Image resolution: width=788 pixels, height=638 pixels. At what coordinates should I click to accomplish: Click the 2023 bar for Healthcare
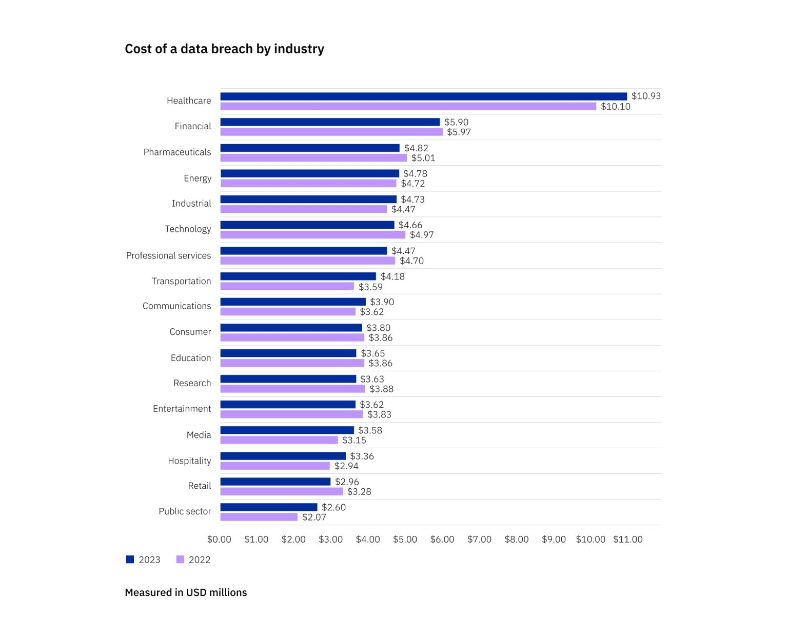423,96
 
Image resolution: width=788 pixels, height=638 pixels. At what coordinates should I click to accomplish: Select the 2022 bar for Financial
331,132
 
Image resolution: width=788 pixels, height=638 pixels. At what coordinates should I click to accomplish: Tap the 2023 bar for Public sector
269,507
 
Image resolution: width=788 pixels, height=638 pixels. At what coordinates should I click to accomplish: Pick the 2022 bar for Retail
282,491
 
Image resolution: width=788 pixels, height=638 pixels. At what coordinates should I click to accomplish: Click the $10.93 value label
646,96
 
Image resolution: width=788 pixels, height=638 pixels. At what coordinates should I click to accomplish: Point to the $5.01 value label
423,158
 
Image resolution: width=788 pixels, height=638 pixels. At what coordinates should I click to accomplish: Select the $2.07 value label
314,517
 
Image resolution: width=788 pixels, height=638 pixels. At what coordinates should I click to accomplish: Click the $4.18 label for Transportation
392,276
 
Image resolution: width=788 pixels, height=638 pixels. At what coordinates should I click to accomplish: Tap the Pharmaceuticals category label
177,152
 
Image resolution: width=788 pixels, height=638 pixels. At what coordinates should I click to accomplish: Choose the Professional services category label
168,255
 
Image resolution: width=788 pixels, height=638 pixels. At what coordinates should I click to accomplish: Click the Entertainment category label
182,409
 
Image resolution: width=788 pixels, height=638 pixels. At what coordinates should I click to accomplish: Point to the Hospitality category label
189,461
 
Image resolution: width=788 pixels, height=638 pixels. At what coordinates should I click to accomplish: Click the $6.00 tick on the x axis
442,540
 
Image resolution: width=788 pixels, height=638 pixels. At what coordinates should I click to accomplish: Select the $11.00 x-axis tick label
628,540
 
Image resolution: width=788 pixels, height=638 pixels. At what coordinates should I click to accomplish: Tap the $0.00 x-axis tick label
219,540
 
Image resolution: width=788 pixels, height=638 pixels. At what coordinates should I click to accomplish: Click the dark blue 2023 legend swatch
130,560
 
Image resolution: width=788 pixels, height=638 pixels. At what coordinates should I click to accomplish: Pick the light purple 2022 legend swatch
180,560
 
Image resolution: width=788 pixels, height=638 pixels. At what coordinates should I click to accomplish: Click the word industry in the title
299,49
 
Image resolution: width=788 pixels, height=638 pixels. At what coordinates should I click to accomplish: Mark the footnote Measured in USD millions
186,592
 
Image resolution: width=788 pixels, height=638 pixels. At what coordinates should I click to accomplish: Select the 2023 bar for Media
287,430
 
